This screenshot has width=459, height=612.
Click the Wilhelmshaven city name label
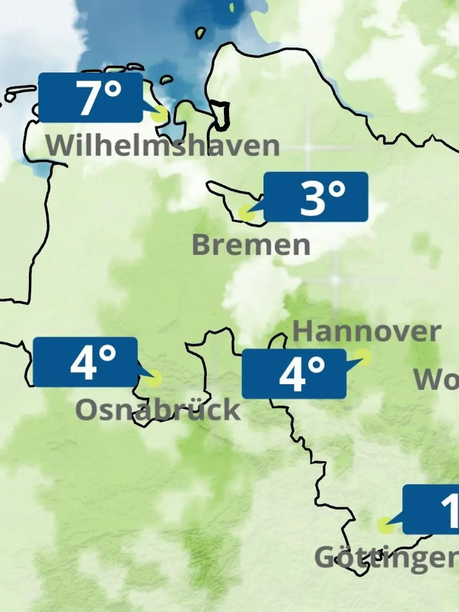(163, 146)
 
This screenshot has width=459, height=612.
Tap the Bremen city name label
(251, 245)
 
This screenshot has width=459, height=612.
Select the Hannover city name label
(366, 332)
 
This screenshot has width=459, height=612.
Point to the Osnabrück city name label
(158, 410)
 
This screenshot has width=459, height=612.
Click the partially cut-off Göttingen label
(386, 558)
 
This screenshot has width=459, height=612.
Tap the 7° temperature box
(91, 98)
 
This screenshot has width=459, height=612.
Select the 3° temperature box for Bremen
(316, 197)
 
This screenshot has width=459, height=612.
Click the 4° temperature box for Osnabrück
(85, 362)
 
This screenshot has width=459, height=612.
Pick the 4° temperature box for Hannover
(294, 374)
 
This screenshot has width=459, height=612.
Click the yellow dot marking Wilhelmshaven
(160, 114)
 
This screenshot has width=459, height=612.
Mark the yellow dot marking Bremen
(246, 212)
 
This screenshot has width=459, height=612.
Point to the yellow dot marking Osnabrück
(154, 378)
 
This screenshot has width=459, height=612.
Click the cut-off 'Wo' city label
(436, 380)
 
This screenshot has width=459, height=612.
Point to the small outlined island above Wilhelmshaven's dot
(166, 80)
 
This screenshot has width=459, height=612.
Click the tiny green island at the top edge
(231, 7)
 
